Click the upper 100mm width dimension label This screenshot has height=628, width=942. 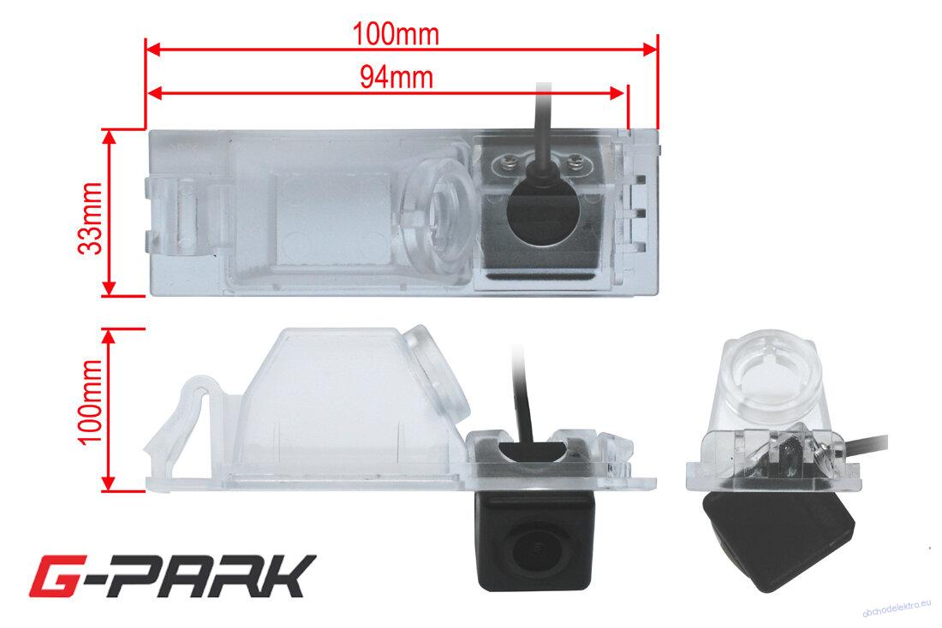(x=396, y=34)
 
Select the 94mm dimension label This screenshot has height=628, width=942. (x=396, y=78)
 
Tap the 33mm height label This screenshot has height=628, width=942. (x=92, y=218)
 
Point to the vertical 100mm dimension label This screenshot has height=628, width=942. (x=92, y=401)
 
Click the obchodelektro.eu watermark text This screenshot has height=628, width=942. (x=897, y=609)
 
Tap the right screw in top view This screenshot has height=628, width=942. (x=575, y=160)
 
